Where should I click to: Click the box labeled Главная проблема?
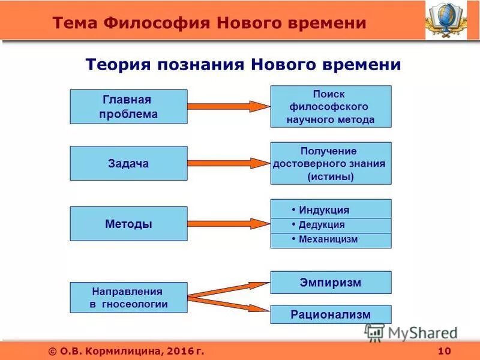tap(128, 107)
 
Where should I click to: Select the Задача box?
tap(128, 163)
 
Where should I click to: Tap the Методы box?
tap(128, 224)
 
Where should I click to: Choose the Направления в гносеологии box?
tap(128, 298)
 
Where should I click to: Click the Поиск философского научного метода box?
tap(331, 106)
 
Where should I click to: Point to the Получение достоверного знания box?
tap(331, 163)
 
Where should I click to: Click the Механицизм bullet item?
tap(331, 240)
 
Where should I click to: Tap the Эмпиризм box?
tap(331, 283)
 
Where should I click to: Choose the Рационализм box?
tap(331, 314)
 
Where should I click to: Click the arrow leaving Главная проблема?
tap(228, 107)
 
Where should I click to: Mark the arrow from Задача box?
tap(228, 163)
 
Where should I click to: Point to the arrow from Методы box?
tap(228, 224)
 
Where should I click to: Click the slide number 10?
tap(444, 351)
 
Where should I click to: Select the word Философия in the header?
tap(157, 23)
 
